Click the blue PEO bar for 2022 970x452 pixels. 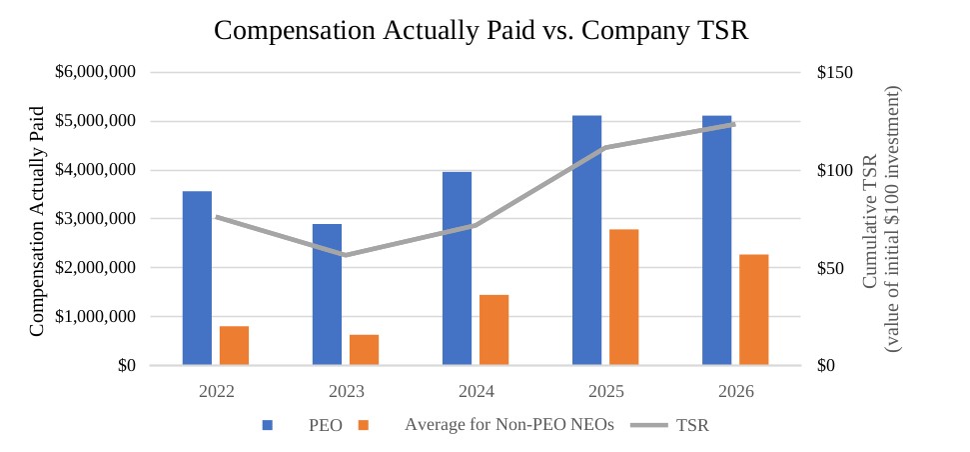[198, 278]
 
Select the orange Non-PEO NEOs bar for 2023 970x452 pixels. [364, 350]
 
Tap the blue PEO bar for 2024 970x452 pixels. [458, 268]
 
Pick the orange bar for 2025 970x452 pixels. [623, 297]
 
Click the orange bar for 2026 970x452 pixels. [753, 310]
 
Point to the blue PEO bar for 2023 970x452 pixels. [328, 295]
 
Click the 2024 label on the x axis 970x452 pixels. [476, 392]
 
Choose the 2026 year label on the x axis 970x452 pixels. [735, 392]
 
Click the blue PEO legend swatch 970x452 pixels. [268, 425]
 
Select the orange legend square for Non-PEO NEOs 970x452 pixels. [364, 425]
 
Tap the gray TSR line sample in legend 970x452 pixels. [649, 425]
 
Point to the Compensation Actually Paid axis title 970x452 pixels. [38, 221]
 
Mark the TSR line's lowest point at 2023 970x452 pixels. [346, 254]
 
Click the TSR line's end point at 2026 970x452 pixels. [734, 124]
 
